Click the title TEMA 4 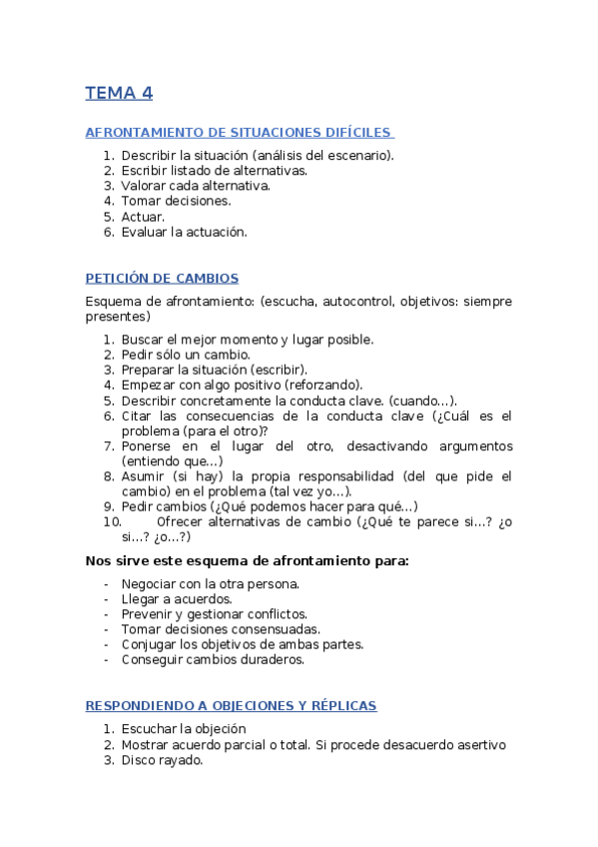119,94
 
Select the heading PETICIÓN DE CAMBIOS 162,278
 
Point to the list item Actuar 143,216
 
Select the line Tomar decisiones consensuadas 221,629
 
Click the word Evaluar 144,232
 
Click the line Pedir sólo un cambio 186,355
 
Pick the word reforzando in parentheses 324,385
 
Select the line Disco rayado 162,760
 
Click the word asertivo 478,745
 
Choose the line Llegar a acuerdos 176,599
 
